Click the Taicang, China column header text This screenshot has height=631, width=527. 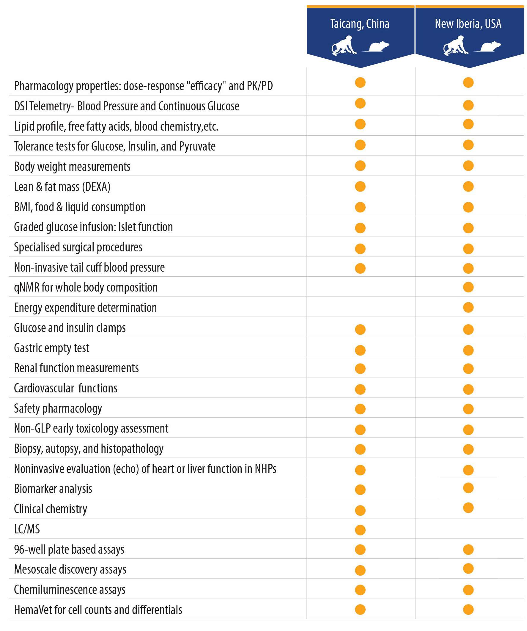(x=360, y=24)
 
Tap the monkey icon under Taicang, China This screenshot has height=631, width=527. (x=344, y=46)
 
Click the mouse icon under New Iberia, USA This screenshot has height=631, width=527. (x=488, y=47)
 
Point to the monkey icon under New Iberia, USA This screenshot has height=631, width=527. (x=456, y=46)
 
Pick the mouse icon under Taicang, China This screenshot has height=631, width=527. (x=376, y=47)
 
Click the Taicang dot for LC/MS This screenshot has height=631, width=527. (x=360, y=530)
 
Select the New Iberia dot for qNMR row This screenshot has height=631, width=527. (x=468, y=287)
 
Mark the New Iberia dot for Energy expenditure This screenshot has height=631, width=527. (x=468, y=307)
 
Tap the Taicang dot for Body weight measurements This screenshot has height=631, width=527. (x=360, y=166)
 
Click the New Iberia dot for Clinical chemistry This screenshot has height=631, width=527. (x=468, y=508)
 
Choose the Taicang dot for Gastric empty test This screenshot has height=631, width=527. (x=360, y=350)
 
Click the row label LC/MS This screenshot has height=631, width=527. (x=27, y=529)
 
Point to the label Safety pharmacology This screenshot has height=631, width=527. (x=58, y=408)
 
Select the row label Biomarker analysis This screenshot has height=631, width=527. (x=53, y=489)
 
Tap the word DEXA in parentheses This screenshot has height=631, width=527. (x=98, y=187)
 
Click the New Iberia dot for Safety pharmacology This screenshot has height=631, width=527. (x=468, y=409)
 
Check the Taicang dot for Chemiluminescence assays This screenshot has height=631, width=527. (x=360, y=590)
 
